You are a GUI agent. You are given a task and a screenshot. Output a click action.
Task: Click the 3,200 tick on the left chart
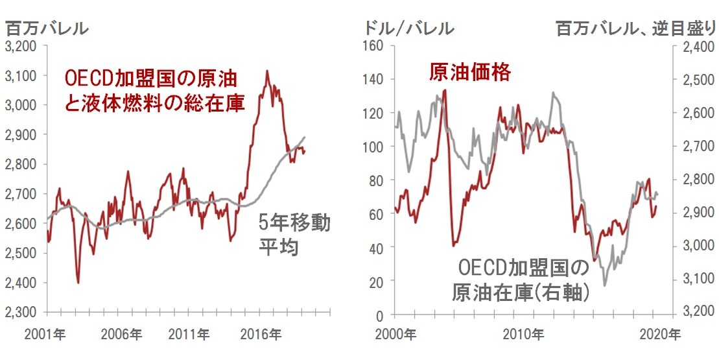click(22, 46)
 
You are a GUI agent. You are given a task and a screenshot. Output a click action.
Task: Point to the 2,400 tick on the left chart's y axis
click(22, 283)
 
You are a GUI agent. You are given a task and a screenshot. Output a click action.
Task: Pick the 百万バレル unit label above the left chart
click(47, 29)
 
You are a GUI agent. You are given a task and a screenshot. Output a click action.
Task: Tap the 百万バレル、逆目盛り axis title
click(635, 29)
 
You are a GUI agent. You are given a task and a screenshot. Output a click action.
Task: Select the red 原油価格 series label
click(470, 72)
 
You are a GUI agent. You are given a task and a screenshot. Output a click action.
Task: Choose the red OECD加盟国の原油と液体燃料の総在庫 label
click(155, 91)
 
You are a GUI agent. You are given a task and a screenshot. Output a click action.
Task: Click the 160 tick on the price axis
click(376, 46)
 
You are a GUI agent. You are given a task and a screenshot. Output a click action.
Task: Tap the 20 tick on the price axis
click(379, 282)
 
